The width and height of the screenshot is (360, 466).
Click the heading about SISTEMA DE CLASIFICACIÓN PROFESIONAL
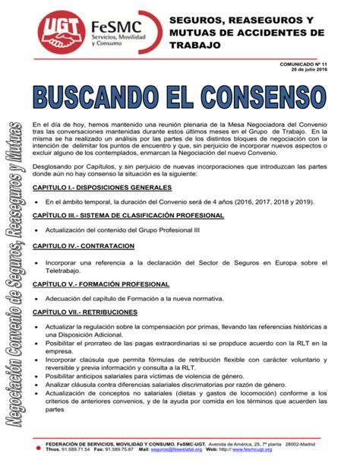pos(128,216)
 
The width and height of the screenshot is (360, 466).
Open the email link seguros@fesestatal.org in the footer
pos(176,449)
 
